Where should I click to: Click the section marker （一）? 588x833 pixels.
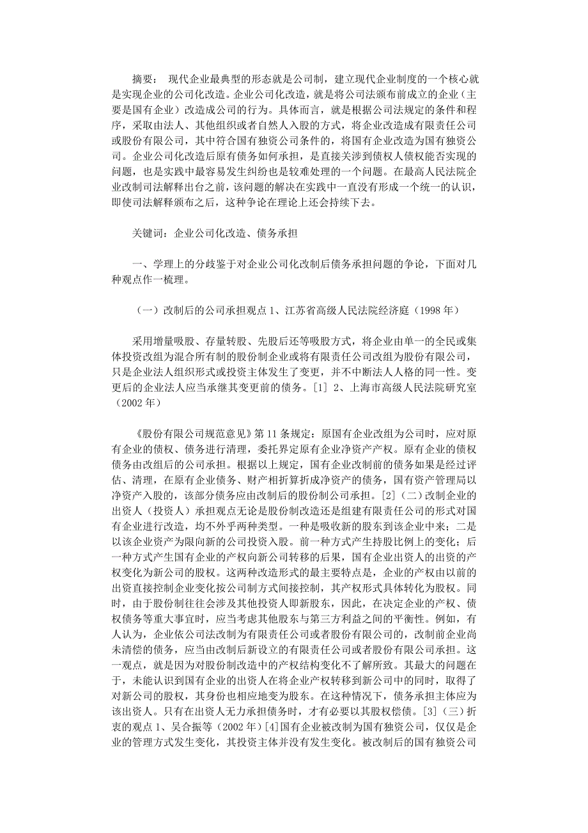[144, 310]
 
